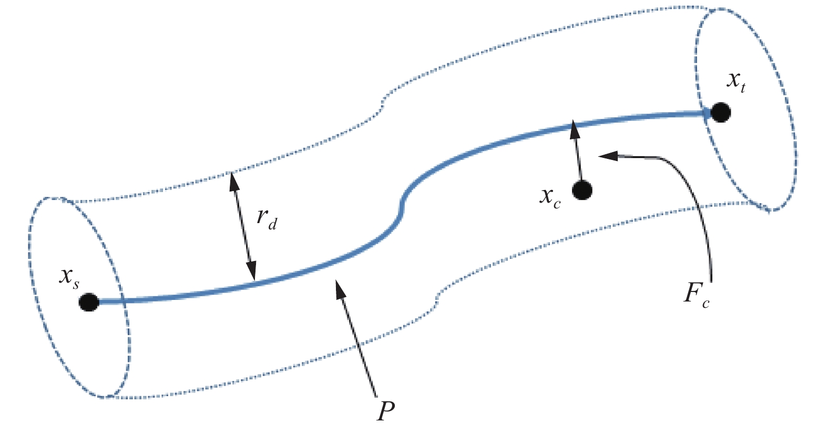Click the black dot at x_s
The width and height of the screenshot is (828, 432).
pyautogui.click(x=89, y=302)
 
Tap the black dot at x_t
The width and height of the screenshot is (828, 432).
pyautogui.click(x=720, y=112)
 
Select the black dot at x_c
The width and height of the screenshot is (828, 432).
pyautogui.click(x=582, y=190)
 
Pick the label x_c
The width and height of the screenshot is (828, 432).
pyautogui.click(x=550, y=197)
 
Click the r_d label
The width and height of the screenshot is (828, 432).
pyautogui.click(x=266, y=218)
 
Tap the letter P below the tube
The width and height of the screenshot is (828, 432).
pyautogui.click(x=386, y=411)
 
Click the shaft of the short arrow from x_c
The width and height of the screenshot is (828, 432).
pyautogui.click(x=578, y=158)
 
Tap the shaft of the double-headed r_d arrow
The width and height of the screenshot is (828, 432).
pyautogui.click(x=242, y=226)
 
